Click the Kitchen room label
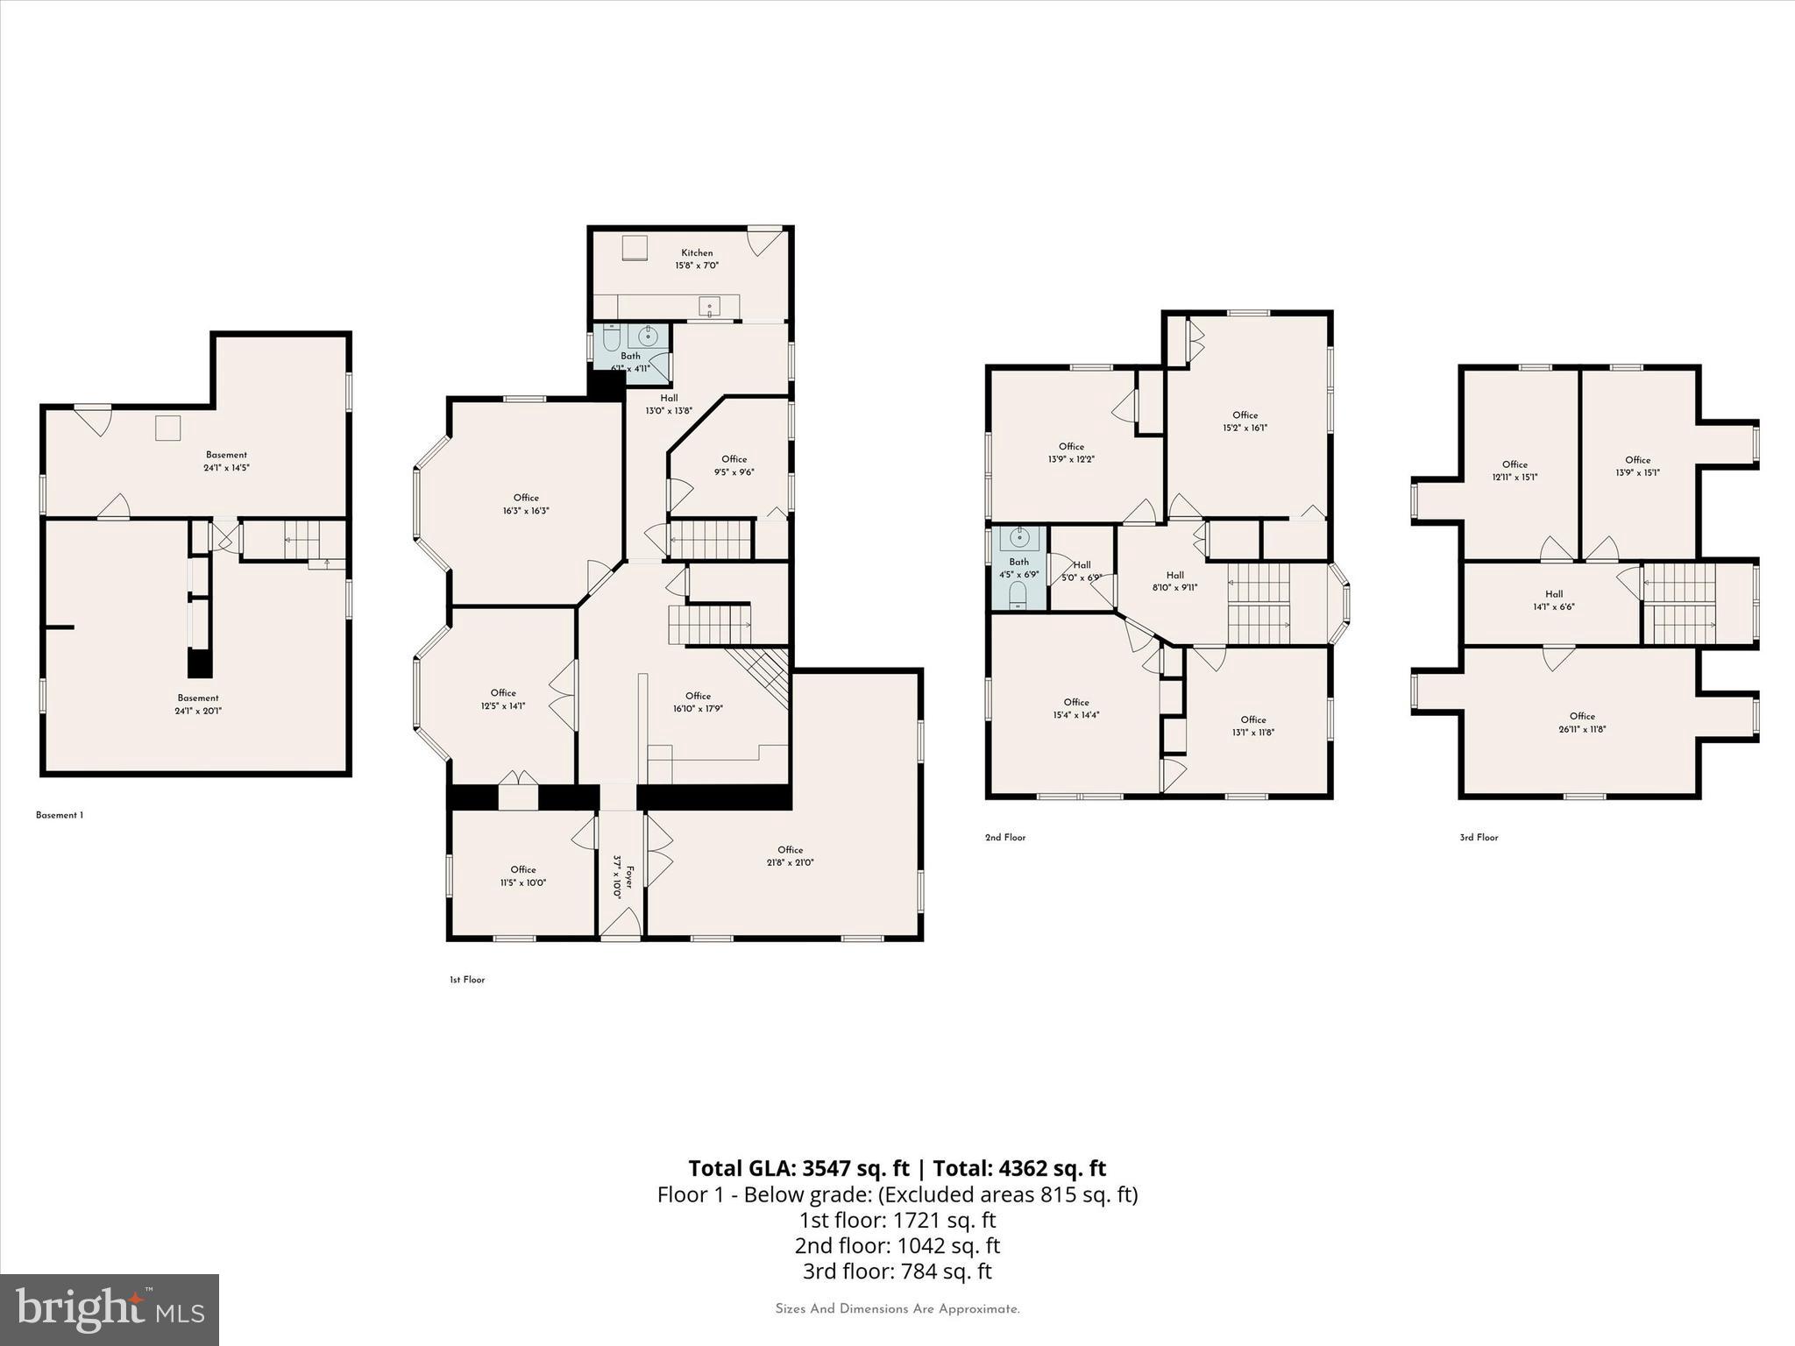click(x=697, y=252)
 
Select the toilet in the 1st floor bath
click(x=611, y=338)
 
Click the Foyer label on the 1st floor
click(x=628, y=876)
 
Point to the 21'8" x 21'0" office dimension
click(x=790, y=862)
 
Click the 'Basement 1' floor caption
click(x=60, y=815)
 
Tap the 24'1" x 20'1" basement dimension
click(x=198, y=711)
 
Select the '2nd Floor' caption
click(x=1004, y=837)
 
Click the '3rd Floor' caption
click(x=1479, y=837)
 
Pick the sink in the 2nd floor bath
click(x=1019, y=538)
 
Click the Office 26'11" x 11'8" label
click(x=1582, y=722)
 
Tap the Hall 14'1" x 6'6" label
click(x=1553, y=600)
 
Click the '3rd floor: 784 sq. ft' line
click(x=897, y=1271)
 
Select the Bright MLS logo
click(x=110, y=1309)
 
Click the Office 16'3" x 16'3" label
click(x=526, y=504)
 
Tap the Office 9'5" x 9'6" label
click(x=734, y=465)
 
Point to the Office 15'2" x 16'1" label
click(x=1245, y=422)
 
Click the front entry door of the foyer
click(x=621, y=924)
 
